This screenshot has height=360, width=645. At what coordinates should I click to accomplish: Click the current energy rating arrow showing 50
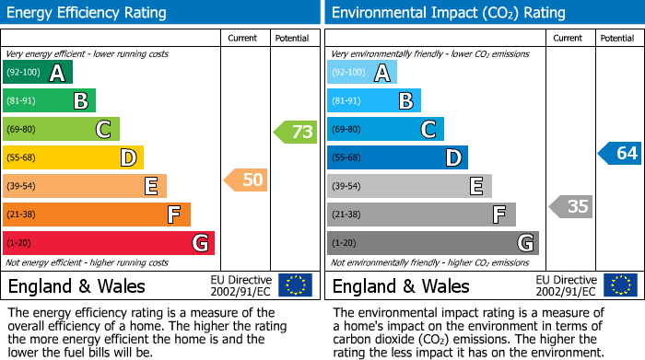click(246, 180)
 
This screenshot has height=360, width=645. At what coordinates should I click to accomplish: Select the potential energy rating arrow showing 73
click(296, 132)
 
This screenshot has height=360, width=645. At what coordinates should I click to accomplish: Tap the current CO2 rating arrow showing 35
click(570, 206)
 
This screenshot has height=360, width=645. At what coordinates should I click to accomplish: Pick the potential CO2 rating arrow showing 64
click(620, 153)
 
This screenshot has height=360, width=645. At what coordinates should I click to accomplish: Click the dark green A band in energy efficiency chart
click(37, 73)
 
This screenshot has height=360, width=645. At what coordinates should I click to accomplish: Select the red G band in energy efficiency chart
click(109, 243)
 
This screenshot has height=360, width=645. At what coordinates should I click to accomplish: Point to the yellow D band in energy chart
click(73, 157)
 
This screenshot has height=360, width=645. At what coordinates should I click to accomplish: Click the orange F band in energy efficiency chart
click(97, 215)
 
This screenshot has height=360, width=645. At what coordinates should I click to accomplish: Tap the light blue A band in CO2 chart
click(362, 73)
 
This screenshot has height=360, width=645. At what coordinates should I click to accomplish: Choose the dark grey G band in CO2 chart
click(432, 243)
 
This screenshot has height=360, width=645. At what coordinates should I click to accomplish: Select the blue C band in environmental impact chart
click(385, 130)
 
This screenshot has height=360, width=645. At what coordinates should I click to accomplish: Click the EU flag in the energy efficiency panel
click(295, 285)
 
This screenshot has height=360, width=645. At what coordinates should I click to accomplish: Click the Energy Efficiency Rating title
click(88, 13)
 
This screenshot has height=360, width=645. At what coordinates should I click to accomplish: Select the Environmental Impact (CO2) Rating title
click(448, 13)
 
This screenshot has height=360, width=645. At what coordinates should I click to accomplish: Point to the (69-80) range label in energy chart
click(23, 130)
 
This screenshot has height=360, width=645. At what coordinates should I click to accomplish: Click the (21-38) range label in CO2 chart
click(347, 215)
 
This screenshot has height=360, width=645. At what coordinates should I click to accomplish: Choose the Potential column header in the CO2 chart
click(616, 39)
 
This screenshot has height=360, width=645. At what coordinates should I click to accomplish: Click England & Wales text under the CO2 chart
click(401, 286)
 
